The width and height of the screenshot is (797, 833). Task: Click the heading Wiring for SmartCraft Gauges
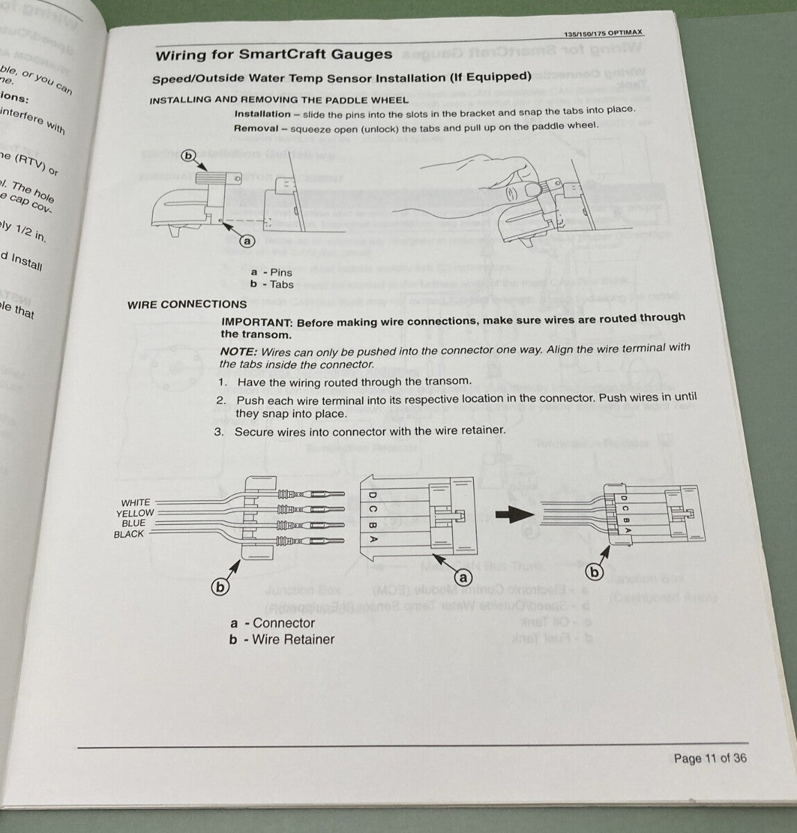pyautogui.click(x=273, y=55)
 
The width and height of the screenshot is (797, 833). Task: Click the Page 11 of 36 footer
pyautogui.click(x=710, y=758)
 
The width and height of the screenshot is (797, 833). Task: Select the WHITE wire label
pyautogui.click(x=135, y=503)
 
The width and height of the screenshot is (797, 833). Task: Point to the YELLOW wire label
pyautogui.click(x=135, y=513)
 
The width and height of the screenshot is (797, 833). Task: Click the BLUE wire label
pyautogui.click(x=133, y=523)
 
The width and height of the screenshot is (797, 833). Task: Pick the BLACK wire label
pyautogui.click(x=130, y=534)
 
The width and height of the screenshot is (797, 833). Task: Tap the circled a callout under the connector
pyautogui.click(x=461, y=577)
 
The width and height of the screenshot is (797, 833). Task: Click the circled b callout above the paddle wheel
pyautogui.click(x=187, y=155)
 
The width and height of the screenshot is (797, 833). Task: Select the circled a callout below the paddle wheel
pyautogui.click(x=247, y=241)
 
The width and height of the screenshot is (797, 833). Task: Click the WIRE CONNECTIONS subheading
pyautogui.click(x=187, y=304)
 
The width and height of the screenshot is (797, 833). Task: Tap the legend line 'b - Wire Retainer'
pyautogui.click(x=282, y=639)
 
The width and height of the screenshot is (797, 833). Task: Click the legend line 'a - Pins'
pyautogui.click(x=271, y=273)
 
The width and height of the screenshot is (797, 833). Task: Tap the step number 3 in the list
pyautogui.click(x=218, y=432)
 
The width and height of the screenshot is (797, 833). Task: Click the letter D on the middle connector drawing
pyautogui.click(x=372, y=495)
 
